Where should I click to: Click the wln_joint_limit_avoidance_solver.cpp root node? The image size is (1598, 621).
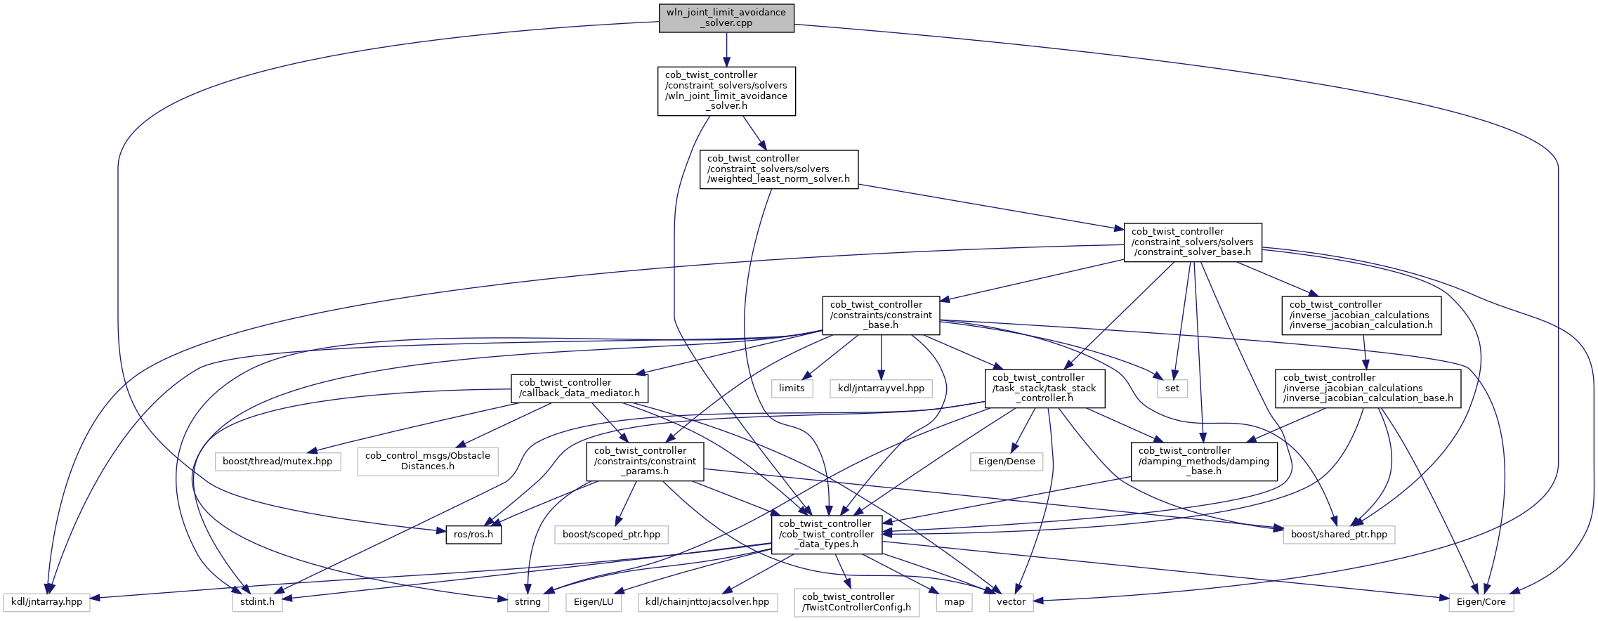(x=726, y=18)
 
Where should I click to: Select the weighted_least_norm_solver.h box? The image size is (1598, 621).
(x=778, y=169)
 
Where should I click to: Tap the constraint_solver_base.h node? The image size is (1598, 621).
(x=1192, y=242)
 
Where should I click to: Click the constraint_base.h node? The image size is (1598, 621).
(x=881, y=315)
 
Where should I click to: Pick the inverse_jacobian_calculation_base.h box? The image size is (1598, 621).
(x=1368, y=388)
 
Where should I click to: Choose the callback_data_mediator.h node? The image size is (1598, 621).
(x=579, y=388)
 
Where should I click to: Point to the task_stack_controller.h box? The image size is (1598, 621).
(x=1044, y=388)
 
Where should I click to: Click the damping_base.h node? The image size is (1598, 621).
(x=1203, y=462)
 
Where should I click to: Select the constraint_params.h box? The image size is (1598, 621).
(x=645, y=462)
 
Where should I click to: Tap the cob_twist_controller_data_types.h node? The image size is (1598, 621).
(x=826, y=535)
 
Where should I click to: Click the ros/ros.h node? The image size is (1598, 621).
(x=473, y=535)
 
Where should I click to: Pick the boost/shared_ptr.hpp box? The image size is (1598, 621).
(x=1339, y=535)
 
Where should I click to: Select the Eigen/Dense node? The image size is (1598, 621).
(x=1006, y=462)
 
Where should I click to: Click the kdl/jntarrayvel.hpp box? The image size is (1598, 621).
(x=881, y=388)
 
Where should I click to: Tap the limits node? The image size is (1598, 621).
(x=792, y=388)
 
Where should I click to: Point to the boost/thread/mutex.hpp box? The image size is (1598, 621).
(x=277, y=462)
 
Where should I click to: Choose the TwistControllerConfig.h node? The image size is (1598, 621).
(x=856, y=603)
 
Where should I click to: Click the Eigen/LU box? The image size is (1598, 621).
(x=594, y=602)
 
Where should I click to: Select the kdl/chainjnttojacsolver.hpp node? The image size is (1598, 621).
(x=707, y=602)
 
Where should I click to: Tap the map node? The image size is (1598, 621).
(x=954, y=602)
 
